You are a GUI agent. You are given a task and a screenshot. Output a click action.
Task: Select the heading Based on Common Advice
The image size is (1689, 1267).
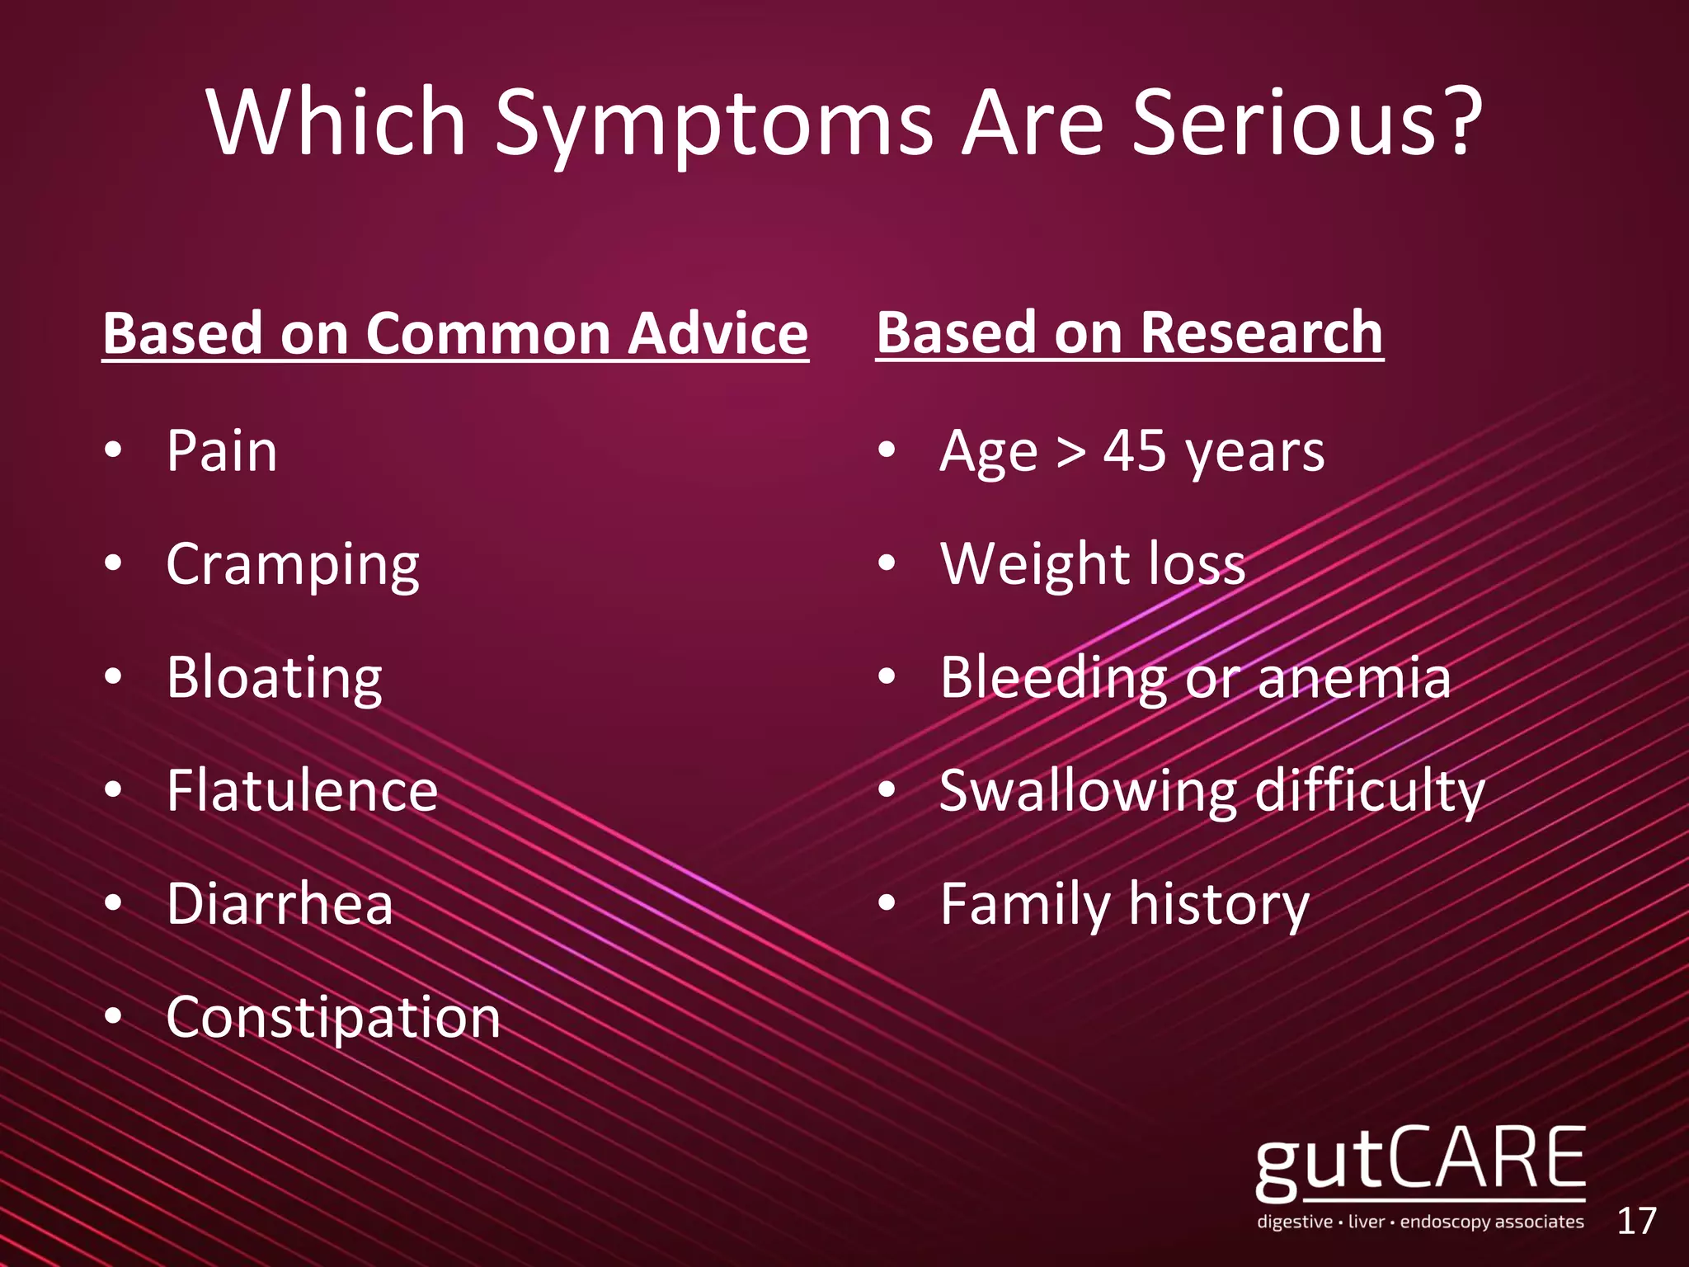tap(455, 333)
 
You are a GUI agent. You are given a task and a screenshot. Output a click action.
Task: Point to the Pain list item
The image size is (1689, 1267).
tap(221, 451)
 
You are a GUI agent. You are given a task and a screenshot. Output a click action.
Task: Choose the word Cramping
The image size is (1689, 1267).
tap(293, 565)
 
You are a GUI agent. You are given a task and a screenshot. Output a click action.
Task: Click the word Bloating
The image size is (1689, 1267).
tap(274, 678)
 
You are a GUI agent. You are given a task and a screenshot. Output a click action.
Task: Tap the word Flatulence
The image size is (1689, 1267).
tap(302, 790)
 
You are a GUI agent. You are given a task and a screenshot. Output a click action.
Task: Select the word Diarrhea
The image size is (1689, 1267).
tap(280, 903)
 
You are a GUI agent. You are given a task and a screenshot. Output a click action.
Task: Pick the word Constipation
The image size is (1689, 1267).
tap(333, 1017)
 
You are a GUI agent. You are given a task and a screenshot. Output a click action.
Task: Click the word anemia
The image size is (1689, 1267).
tap(1353, 678)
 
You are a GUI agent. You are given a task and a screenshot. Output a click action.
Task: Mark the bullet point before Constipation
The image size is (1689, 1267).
tap(114, 1017)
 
